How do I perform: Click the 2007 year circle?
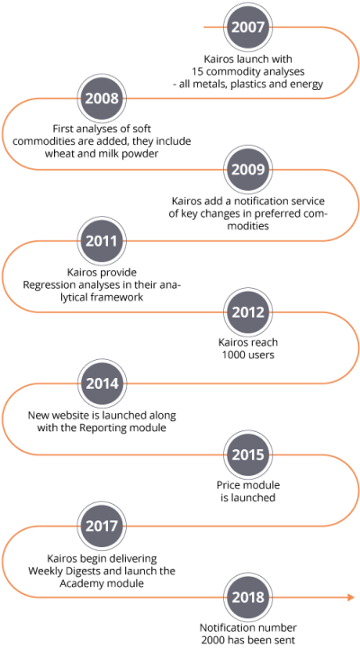point(247,27)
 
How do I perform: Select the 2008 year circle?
point(102,98)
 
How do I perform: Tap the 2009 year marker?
point(247,169)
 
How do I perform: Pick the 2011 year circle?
point(102,241)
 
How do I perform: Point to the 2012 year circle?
point(247,312)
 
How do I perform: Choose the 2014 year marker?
point(102,383)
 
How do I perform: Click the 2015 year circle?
point(247,454)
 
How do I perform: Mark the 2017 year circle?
point(102,526)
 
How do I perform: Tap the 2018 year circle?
point(247,598)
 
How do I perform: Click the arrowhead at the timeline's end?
point(351,598)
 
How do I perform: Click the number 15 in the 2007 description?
point(197,71)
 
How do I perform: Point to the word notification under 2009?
point(244,202)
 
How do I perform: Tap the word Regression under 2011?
point(46,285)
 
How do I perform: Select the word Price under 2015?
point(229,485)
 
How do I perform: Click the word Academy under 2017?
point(80,583)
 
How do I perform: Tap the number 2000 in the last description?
point(212,640)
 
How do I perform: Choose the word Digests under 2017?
point(79,571)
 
